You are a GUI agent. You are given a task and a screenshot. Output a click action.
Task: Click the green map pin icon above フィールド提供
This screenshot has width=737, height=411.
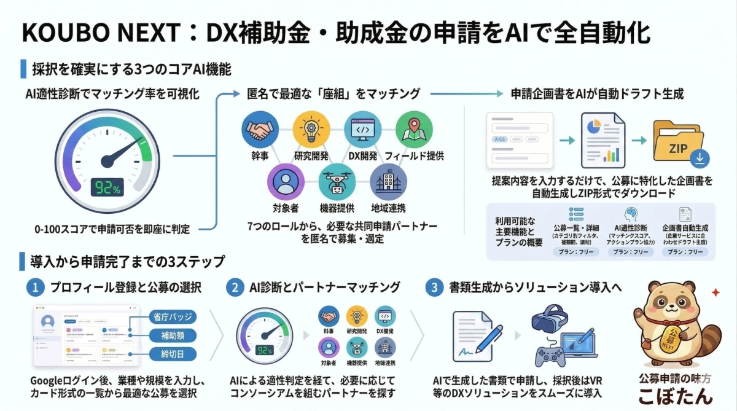pos(409,130)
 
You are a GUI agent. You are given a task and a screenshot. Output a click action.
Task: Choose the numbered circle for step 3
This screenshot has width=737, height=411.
pos(434,288)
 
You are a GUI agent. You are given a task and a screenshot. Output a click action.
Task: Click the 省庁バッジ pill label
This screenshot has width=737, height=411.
pos(173,317)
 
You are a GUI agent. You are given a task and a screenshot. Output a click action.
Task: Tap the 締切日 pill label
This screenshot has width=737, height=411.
pos(173,354)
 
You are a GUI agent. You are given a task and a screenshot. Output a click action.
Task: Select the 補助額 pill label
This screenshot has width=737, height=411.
pos(173,335)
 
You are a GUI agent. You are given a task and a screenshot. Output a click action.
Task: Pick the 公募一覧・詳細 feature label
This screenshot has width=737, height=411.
pos(575,227)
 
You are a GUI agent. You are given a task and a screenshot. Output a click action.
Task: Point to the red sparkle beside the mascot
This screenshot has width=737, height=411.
pos(714,293)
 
